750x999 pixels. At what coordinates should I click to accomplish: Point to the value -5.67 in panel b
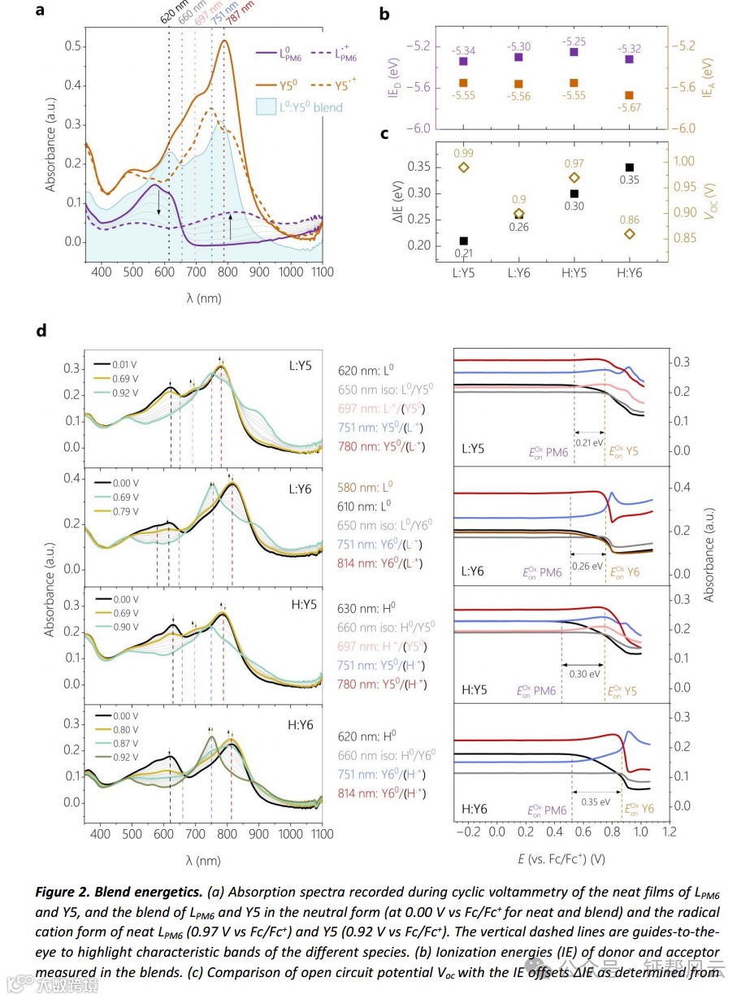pyautogui.click(x=627, y=107)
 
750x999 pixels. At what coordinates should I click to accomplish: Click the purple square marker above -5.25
pyautogui.click(x=574, y=52)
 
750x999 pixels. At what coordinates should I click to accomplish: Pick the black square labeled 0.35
pyautogui.click(x=629, y=167)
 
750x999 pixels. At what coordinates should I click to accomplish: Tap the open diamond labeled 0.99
pyautogui.click(x=464, y=167)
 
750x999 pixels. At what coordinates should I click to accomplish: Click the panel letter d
pyautogui.click(x=41, y=331)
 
